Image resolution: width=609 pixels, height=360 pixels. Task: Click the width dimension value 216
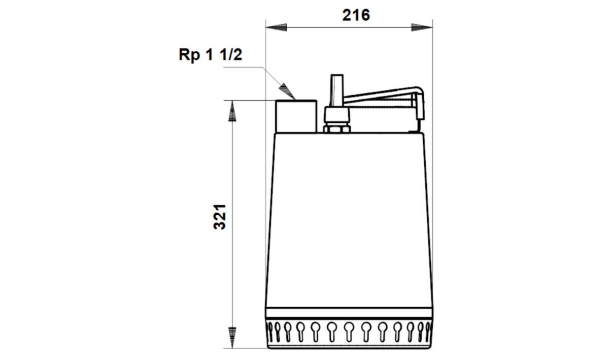tap(356, 15)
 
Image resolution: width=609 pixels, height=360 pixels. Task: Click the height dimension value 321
tap(219, 217)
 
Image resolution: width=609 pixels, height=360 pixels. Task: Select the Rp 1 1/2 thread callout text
tap(210, 54)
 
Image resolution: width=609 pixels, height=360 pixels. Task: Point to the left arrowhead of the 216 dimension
tap(276, 27)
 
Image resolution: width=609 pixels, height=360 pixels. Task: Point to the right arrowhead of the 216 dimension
tap(422, 27)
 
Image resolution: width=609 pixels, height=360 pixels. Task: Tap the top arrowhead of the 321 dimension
tap(232, 111)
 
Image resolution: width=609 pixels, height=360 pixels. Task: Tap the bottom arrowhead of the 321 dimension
tap(232, 338)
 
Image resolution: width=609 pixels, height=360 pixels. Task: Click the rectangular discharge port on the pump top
tap(296, 116)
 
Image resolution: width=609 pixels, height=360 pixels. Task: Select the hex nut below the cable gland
tap(336, 129)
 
